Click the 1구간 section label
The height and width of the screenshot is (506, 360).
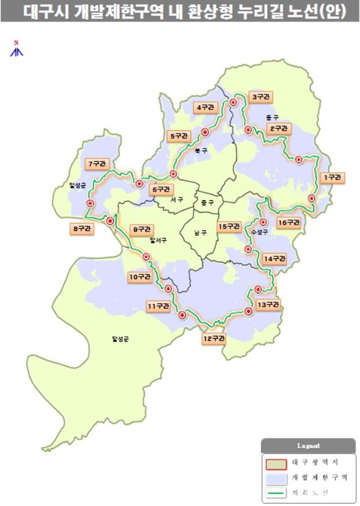pos(332,178)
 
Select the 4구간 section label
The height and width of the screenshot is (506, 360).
pos(204,108)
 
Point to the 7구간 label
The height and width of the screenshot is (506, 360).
pos(96,163)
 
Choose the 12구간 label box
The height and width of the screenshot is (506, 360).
pos(213,339)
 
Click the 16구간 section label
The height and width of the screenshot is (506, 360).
pos(289,223)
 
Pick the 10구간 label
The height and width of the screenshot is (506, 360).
pos(139,277)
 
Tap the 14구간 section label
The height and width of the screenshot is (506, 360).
pos(274,259)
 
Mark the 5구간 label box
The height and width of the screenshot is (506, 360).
pos(179,136)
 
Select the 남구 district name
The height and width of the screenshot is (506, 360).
pos(200,232)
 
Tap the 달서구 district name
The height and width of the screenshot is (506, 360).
pos(158,240)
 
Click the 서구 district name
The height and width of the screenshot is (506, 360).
pos(176,199)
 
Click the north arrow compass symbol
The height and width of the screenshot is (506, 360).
pos(17,49)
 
